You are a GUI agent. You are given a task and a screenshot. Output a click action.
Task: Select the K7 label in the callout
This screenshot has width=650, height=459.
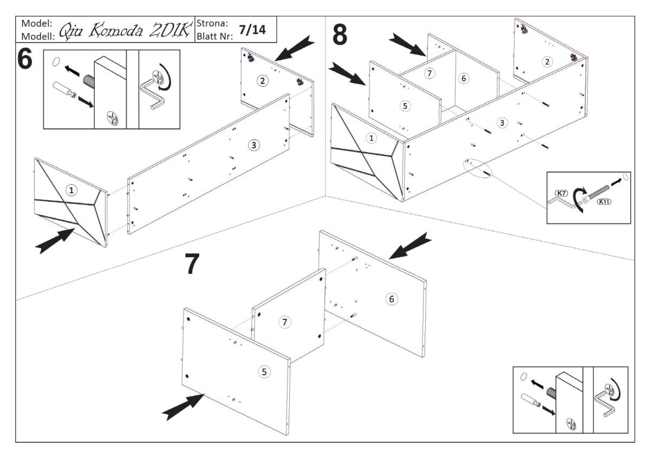[560, 193]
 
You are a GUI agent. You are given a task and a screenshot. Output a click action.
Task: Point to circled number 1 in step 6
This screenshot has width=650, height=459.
[70, 189]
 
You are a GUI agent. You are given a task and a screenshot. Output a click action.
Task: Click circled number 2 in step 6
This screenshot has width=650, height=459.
[262, 81]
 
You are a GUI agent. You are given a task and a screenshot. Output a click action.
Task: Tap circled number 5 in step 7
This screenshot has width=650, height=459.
[264, 371]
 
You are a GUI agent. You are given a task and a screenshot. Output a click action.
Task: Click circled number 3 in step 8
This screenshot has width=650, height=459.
[503, 123]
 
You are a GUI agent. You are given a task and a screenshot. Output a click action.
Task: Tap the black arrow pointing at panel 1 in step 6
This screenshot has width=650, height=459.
[55, 241]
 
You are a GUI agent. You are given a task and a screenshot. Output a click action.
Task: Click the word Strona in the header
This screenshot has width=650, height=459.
[213, 24]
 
